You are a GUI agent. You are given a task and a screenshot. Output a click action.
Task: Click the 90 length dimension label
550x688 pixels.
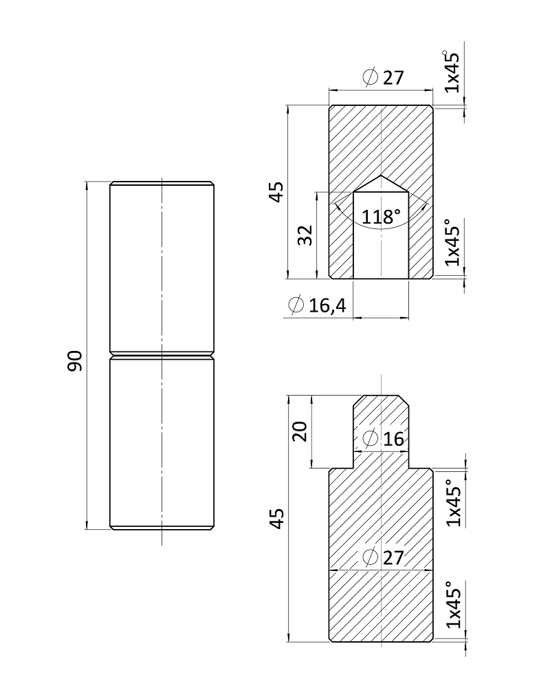75,361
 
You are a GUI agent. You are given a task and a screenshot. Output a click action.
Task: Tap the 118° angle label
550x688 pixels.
381,217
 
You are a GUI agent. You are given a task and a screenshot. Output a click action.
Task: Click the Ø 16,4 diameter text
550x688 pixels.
317,305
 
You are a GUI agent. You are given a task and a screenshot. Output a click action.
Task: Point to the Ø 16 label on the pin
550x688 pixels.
384,438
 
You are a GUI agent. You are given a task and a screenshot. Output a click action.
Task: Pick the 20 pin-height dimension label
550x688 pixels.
300,431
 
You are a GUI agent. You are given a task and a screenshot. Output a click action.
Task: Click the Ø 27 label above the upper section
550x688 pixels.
384,78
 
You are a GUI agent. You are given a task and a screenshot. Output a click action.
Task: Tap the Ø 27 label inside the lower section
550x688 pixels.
384,557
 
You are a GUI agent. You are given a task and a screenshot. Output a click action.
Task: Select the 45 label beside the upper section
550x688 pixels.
276,192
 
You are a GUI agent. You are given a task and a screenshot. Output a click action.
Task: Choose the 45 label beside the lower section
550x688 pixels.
276,519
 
